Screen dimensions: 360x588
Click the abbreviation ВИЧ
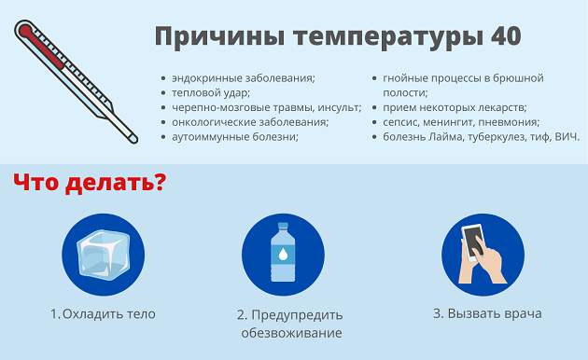pos(566,136)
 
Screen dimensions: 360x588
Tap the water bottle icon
pos(283,255)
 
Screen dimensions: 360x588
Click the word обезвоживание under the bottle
pos(290,333)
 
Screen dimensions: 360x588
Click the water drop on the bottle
pos(283,254)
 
